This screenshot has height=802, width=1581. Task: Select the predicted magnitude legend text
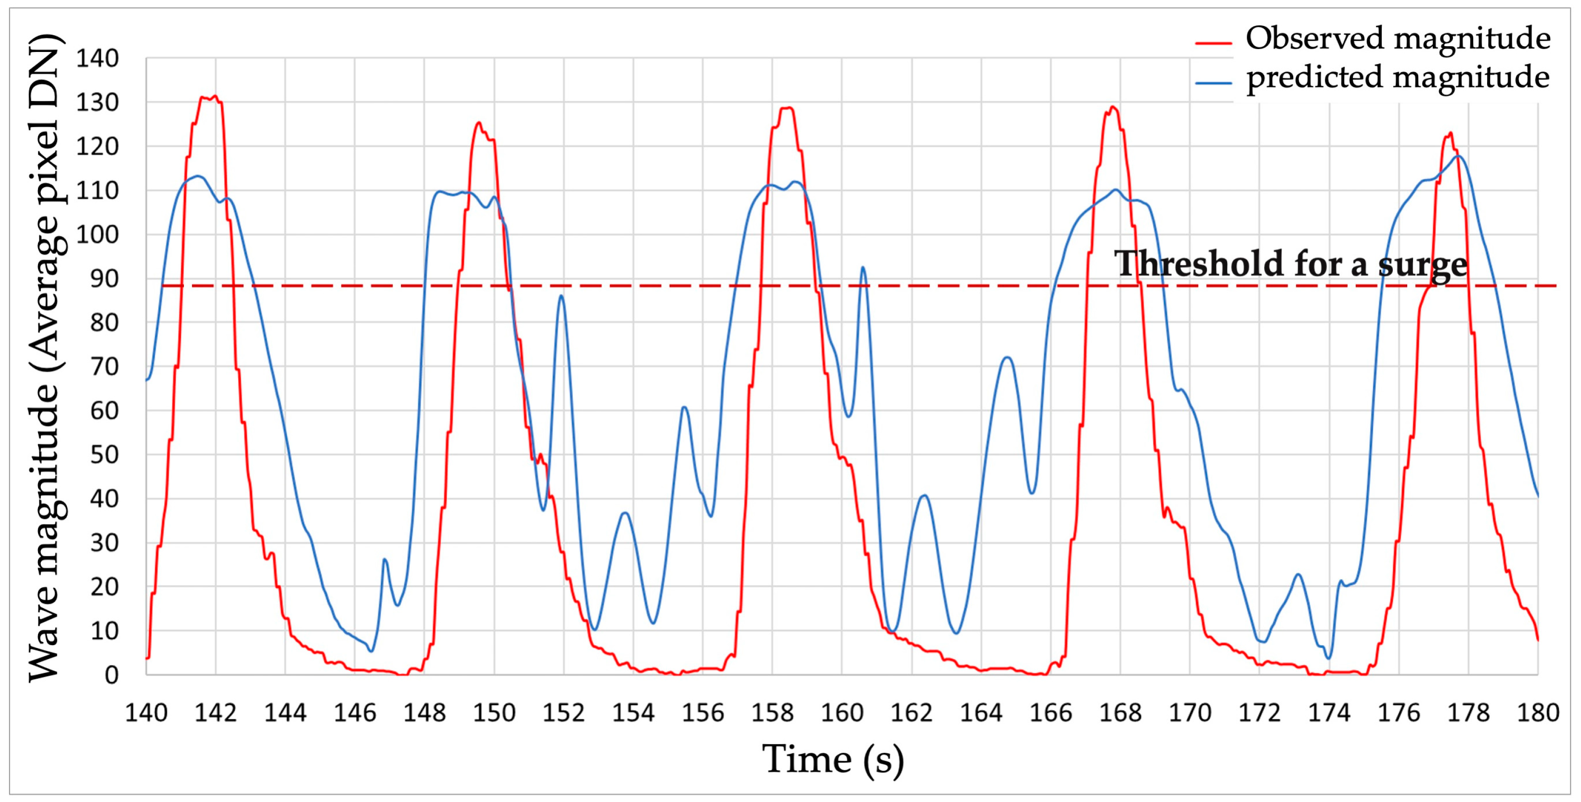(x=1398, y=78)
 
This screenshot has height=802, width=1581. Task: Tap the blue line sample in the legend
(x=1213, y=83)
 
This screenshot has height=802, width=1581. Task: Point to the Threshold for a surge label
(x=1291, y=264)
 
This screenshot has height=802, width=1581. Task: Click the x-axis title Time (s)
(x=833, y=760)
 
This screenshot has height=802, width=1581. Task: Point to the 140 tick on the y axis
(x=97, y=59)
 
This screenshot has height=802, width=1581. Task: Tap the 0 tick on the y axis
(x=111, y=675)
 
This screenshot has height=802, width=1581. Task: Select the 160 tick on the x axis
(x=842, y=713)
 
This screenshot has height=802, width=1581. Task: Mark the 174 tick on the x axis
(x=1329, y=713)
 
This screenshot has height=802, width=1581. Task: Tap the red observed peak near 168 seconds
(x=1112, y=107)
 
